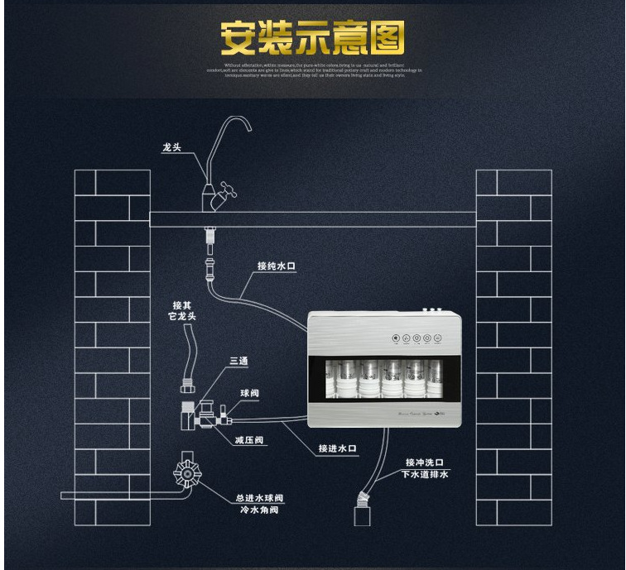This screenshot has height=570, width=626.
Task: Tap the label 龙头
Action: [171, 149]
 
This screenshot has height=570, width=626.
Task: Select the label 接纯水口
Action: [277, 266]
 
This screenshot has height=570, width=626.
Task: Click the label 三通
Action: [238, 362]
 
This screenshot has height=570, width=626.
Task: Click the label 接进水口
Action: [338, 448]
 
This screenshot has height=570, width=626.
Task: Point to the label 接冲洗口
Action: [425, 462]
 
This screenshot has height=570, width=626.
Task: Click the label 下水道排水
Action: [425, 474]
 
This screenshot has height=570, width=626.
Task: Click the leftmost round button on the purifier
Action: [396, 338]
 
